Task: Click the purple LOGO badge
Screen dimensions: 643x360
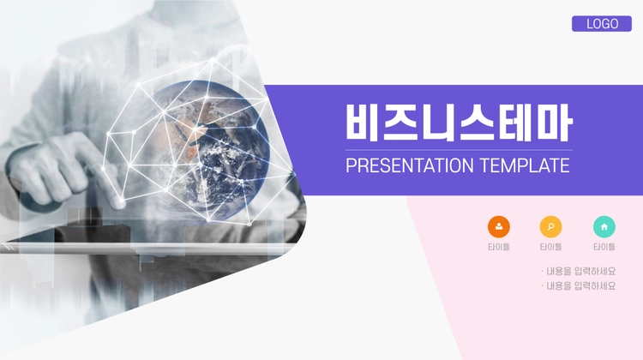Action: click(602, 24)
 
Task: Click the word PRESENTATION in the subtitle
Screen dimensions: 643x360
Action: click(410, 165)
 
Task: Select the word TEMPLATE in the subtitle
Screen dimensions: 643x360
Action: click(525, 165)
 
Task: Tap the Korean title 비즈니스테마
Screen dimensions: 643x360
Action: click(459, 123)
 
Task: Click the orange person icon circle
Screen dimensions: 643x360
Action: click(499, 227)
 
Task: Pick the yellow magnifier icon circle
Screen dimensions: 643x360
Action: click(550, 227)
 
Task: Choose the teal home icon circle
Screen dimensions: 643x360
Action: click(604, 227)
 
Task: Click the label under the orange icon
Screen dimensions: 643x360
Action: click(499, 247)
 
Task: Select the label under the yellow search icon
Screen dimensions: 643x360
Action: click(550, 247)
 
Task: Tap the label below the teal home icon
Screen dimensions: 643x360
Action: click(604, 247)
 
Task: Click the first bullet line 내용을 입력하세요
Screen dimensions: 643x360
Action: click(579, 271)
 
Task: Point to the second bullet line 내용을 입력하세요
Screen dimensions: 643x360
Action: click(579, 285)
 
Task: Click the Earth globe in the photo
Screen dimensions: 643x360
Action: click(208, 150)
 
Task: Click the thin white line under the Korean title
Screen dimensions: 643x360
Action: click(459, 150)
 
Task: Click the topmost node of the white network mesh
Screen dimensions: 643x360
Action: click(213, 60)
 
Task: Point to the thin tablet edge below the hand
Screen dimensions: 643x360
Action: click(147, 247)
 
